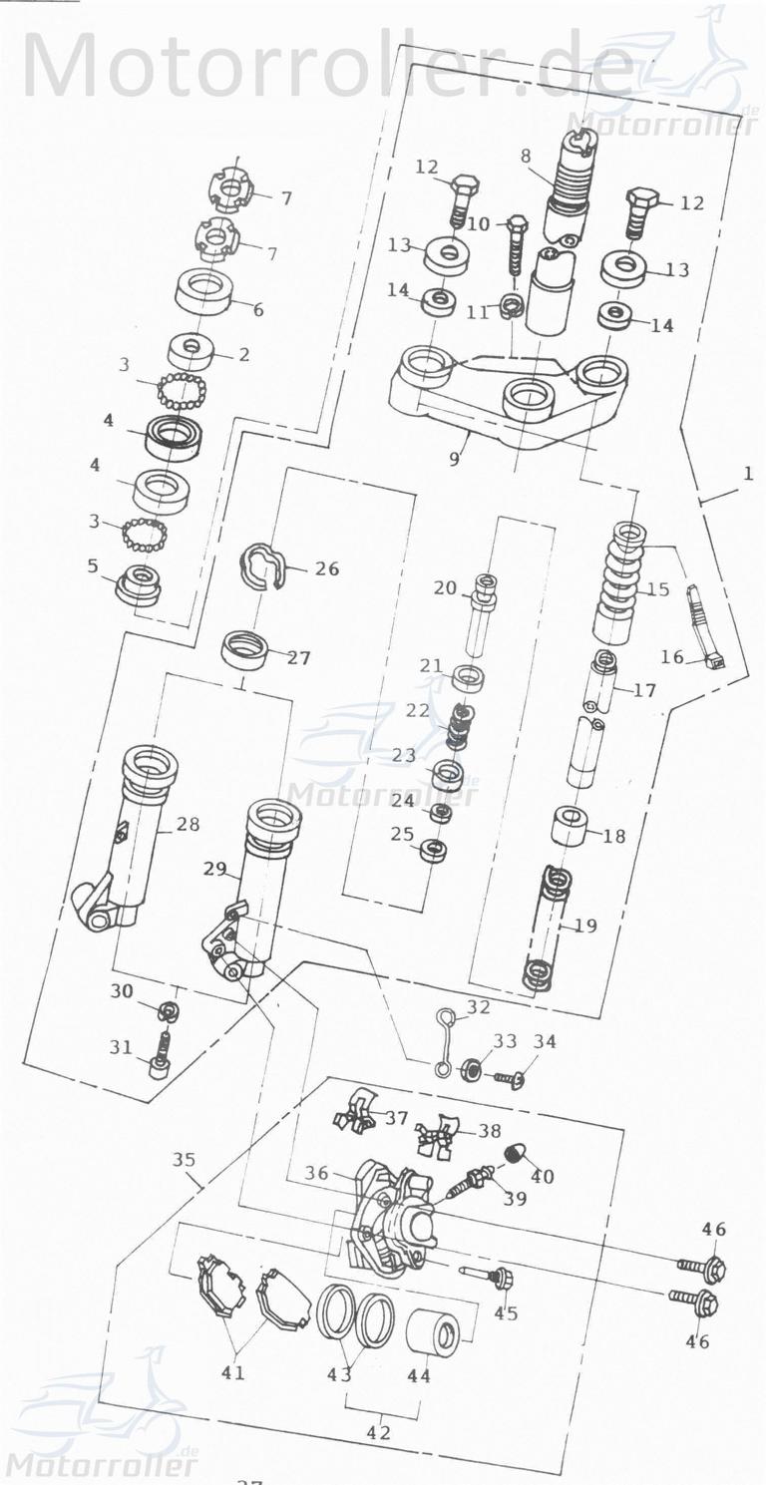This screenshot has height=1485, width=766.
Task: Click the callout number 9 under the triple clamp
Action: (x=455, y=460)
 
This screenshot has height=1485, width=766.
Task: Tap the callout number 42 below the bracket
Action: (x=379, y=1433)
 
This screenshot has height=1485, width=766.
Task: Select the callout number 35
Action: (x=184, y=1161)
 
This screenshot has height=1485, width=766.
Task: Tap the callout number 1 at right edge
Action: (x=747, y=475)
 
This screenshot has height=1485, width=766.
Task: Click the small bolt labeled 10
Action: (x=515, y=245)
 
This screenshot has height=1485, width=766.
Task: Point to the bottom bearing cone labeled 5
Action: (x=139, y=584)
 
